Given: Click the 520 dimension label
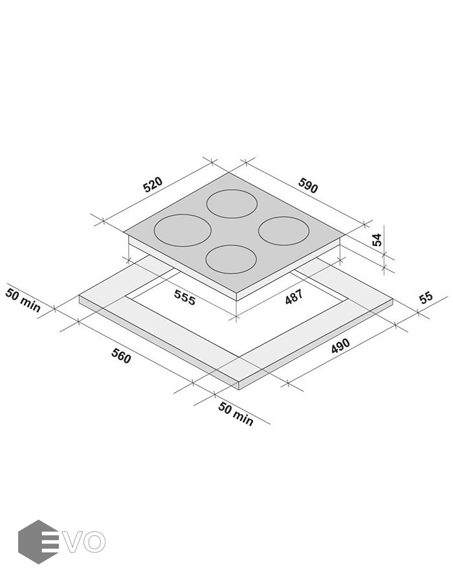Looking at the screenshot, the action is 153,185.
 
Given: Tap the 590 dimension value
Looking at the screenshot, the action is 308,186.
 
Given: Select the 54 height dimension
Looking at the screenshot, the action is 377,240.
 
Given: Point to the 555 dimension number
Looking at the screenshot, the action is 184,297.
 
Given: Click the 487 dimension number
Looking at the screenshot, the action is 294,297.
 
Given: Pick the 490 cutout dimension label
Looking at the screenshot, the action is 340,346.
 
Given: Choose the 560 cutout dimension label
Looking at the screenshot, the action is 121,356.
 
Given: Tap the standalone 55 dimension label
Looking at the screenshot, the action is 426,297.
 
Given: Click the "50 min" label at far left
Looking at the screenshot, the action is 23,300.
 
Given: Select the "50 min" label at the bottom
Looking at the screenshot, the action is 236,413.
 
